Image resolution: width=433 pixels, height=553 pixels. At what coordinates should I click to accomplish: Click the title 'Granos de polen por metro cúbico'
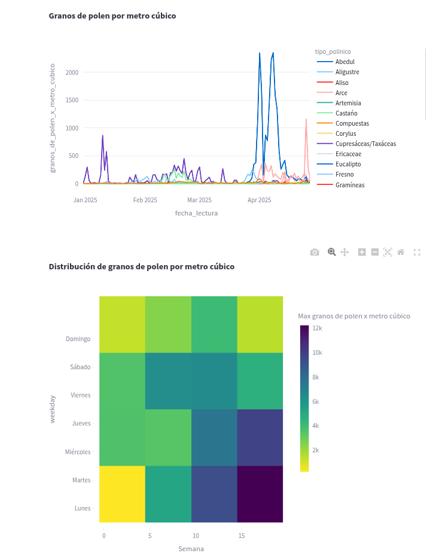coord(112,16)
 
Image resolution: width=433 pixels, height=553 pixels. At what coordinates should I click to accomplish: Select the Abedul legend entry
coord(344,62)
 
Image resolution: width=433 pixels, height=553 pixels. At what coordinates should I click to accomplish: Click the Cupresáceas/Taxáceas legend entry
coord(365,144)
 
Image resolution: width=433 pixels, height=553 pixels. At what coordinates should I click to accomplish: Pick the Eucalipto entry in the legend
coord(347,164)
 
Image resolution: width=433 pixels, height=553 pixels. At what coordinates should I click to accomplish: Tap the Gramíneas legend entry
coord(349,185)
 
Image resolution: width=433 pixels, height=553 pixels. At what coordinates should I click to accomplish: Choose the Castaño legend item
coord(346,113)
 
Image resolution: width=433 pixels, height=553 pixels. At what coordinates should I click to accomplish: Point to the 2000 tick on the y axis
coord(72,72)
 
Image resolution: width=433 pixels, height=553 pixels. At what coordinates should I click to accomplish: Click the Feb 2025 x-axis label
coord(145,200)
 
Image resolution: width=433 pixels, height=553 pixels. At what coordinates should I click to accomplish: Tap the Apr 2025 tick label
coord(260,200)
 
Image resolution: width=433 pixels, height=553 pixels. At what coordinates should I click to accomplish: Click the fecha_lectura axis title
coord(196,213)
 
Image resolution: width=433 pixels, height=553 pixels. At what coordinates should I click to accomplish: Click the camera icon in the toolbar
coord(315,252)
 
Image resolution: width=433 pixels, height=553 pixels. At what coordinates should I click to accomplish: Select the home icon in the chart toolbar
coord(401,252)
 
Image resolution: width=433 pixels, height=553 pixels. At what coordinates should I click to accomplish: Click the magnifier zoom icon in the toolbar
coord(331,252)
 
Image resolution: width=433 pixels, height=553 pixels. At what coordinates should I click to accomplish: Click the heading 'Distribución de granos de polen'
coord(141,266)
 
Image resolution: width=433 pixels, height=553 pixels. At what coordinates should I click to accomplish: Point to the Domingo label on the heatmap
coord(78,339)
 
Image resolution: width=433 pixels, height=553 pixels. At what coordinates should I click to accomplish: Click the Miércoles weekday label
coord(78,452)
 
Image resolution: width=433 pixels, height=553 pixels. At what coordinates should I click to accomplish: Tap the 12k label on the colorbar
coord(316,328)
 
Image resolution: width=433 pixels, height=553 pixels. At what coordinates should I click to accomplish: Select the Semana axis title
coord(191,548)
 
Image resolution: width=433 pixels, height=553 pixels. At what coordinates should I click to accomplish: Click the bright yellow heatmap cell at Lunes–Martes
coord(122,494)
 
